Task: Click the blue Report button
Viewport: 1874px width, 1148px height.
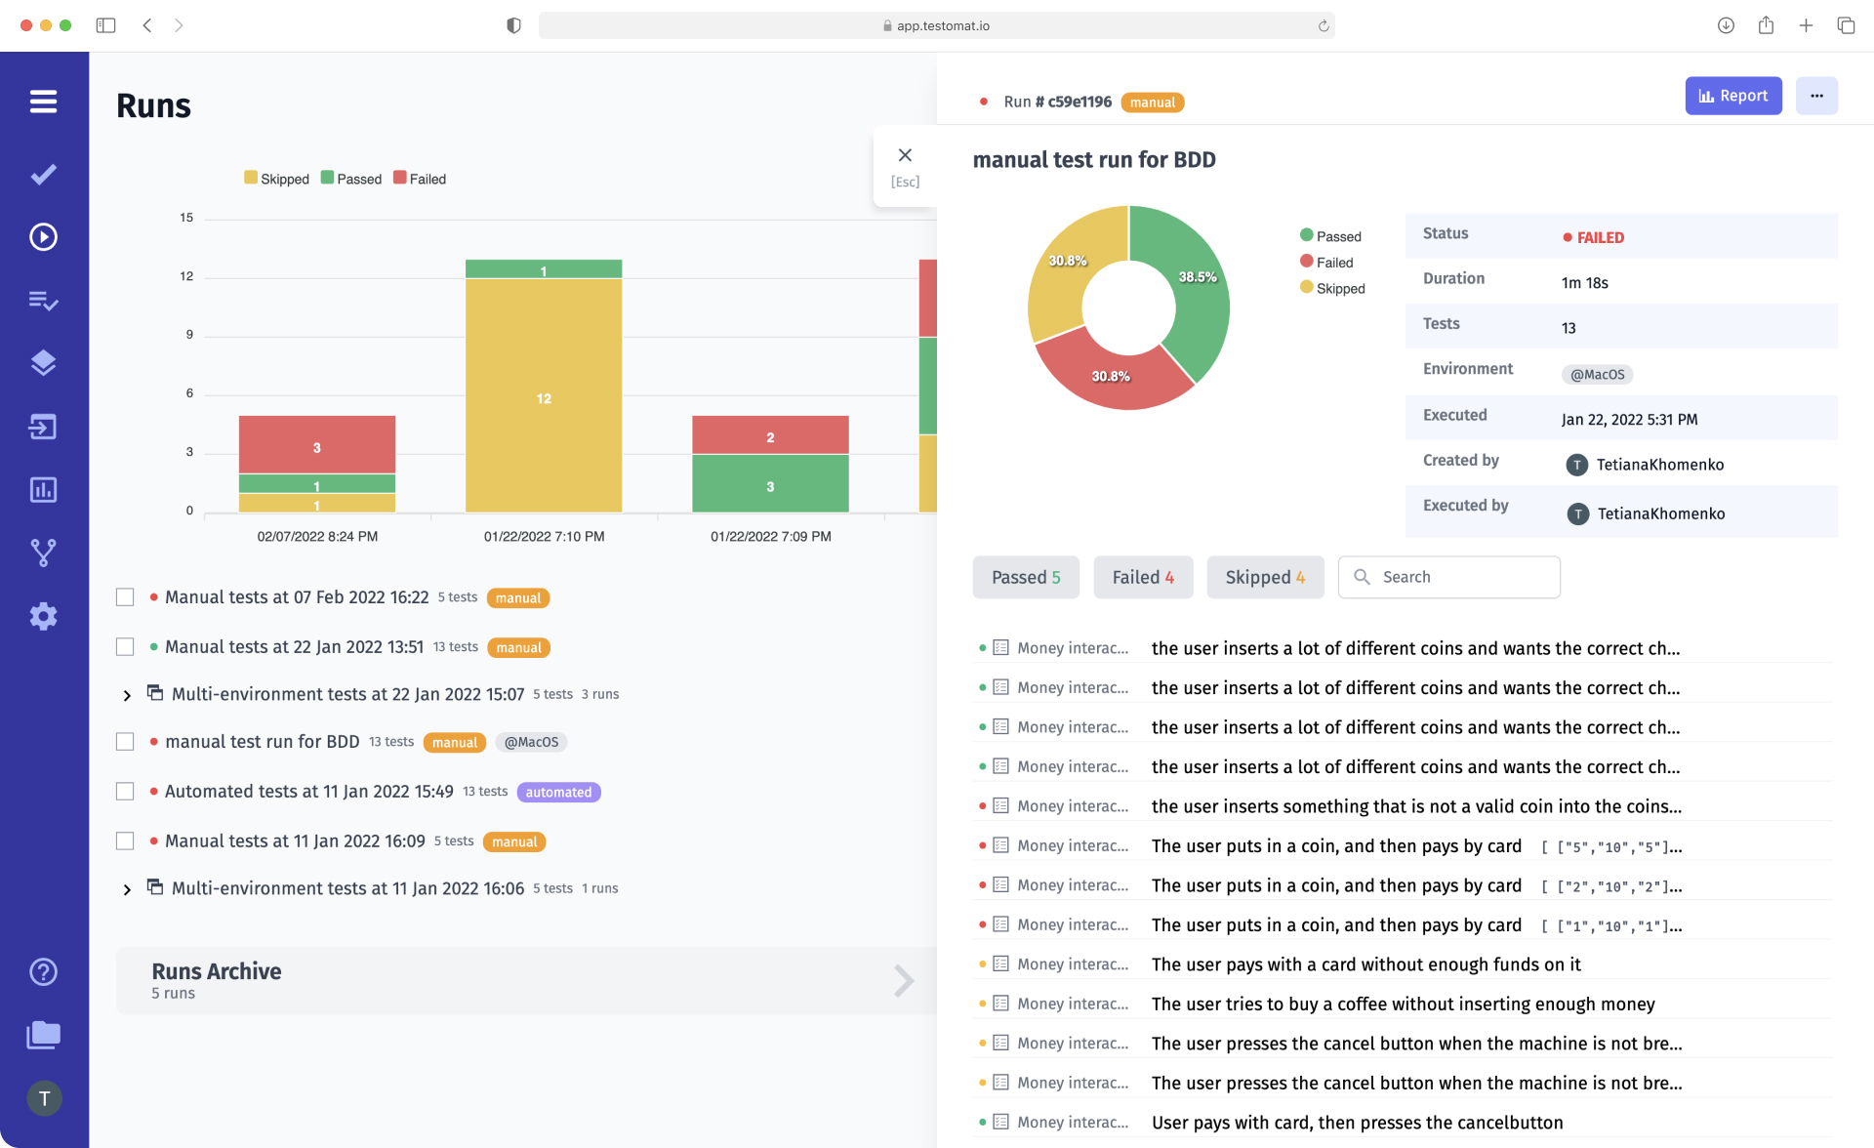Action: [1732, 96]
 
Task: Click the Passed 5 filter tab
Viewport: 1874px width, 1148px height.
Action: [1025, 577]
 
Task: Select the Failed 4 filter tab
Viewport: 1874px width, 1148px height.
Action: [1142, 577]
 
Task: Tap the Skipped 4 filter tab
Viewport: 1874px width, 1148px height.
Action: [1264, 577]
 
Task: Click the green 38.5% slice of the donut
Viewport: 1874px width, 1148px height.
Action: [1196, 293]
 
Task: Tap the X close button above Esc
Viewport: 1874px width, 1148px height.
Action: [905, 155]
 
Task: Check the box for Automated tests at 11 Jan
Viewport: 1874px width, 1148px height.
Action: [125, 792]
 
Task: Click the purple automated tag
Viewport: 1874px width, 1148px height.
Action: [558, 792]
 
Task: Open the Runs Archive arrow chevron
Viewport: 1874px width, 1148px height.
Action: [904, 980]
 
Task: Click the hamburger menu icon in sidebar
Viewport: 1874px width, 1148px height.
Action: [43, 102]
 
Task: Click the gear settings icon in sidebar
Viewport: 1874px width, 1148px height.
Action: [43, 616]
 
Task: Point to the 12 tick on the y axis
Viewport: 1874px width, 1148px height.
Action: [186, 276]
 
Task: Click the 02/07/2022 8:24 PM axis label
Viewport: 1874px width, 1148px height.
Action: [317, 536]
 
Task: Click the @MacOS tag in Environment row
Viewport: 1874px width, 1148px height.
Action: [1597, 374]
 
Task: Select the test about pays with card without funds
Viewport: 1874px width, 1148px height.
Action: [1365, 964]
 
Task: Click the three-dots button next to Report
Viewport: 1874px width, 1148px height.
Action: [1815, 96]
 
